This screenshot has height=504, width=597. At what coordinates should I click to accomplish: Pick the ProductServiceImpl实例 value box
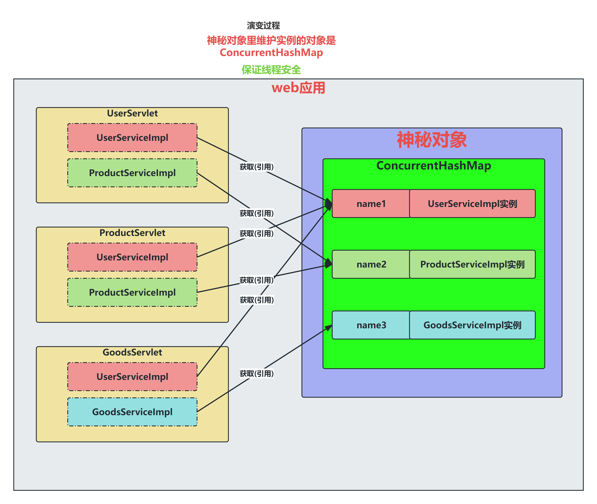coord(472,264)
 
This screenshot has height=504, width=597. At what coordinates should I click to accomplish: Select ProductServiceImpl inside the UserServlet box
coord(132,173)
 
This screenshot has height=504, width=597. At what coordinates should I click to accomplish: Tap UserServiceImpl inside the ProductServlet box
coord(132,257)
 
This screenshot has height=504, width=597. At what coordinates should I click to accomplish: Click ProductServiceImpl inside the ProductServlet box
coord(132,292)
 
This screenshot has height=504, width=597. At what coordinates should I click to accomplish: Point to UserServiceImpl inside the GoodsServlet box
coord(132,377)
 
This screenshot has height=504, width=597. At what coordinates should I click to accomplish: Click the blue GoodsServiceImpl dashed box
coord(132,412)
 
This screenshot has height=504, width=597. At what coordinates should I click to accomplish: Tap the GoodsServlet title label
coord(132,352)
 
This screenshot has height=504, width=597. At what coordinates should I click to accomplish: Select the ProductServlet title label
coord(132,233)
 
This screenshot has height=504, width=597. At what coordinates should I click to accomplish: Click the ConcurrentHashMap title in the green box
coord(434,166)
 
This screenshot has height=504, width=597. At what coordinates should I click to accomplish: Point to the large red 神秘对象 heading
coord(432,140)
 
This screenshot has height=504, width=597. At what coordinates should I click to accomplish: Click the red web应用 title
coord(298,88)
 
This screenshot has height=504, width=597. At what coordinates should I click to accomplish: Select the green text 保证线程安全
coord(271,70)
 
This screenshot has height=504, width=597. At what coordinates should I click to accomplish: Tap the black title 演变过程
coord(263,25)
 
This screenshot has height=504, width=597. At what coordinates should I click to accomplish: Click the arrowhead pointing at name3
coord(329,328)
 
